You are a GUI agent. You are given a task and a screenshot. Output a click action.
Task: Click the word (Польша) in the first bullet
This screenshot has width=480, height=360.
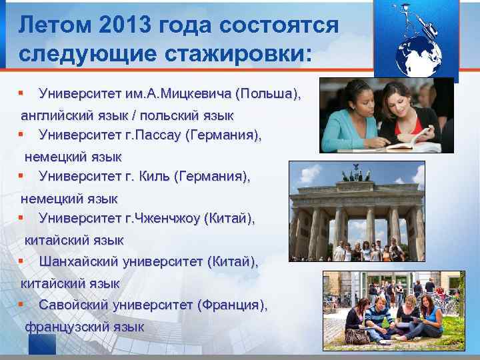click(x=268, y=93)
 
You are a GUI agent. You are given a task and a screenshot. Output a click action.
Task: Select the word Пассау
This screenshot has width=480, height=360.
click(x=159, y=135)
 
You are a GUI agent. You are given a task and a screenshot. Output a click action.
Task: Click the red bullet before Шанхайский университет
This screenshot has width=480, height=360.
click(x=22, y=261)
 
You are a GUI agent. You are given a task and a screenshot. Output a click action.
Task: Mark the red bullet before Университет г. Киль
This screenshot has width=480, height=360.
click(x=22, y=176)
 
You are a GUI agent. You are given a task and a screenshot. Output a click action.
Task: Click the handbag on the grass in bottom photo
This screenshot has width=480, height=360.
click(x=357, y=334)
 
